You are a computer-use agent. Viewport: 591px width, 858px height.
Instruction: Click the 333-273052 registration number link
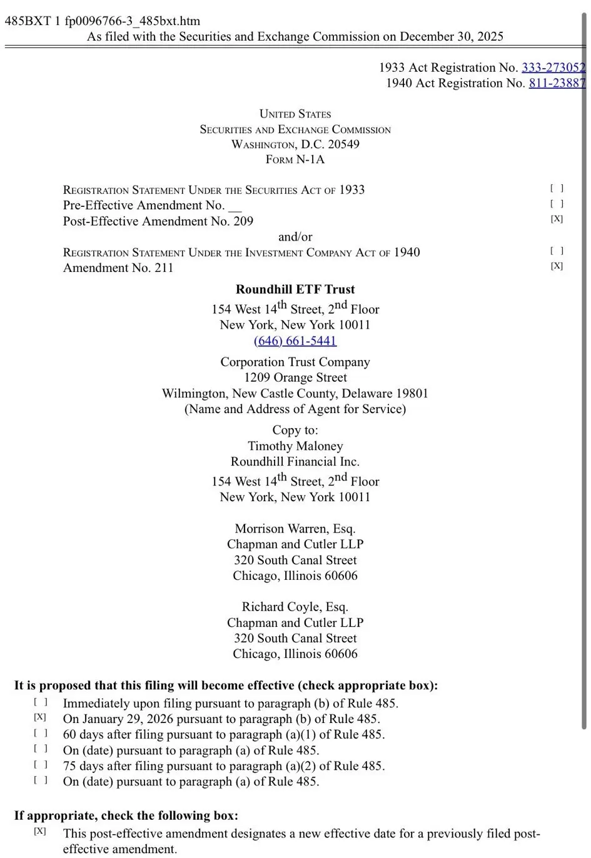[x=553, y=67]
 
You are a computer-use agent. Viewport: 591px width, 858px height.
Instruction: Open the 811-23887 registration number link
[x=557, y=83]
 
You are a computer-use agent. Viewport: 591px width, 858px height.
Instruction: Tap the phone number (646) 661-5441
[x=295, y=341]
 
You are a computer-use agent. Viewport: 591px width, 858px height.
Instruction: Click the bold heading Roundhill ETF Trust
[x=295, y=289]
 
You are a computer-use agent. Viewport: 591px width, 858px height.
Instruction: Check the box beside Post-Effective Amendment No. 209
[x=557, y=219]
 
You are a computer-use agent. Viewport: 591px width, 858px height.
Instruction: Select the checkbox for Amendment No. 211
[x=557, y=266]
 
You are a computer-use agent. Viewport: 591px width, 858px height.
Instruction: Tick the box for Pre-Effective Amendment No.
[x=557, y=204]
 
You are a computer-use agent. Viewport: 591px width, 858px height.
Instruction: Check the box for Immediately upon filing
[x=41, y=702]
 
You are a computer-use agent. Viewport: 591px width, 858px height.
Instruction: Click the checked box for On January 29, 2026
[x=40, y=717]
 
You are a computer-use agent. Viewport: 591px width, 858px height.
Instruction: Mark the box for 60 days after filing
[x=41, y=733]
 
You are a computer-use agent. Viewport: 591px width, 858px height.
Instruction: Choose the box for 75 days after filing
[x=41, y=764]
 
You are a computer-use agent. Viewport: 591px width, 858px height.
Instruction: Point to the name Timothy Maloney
[x=295, y=446]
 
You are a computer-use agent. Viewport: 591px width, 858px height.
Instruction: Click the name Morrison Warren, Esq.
[x=295, y=529]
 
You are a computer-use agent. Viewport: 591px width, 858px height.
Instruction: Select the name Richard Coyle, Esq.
[x=295, y=607]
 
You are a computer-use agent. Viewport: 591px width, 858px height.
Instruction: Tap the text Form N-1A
[x=295, y=159]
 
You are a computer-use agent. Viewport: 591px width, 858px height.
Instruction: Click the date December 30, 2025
[x=451, y=36]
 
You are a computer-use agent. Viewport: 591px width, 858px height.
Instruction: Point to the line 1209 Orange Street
[x=295, y=377]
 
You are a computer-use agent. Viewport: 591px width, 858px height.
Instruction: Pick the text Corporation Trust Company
[x=295, y=362]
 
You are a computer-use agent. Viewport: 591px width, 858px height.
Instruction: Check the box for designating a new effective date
[x=40, y=831]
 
